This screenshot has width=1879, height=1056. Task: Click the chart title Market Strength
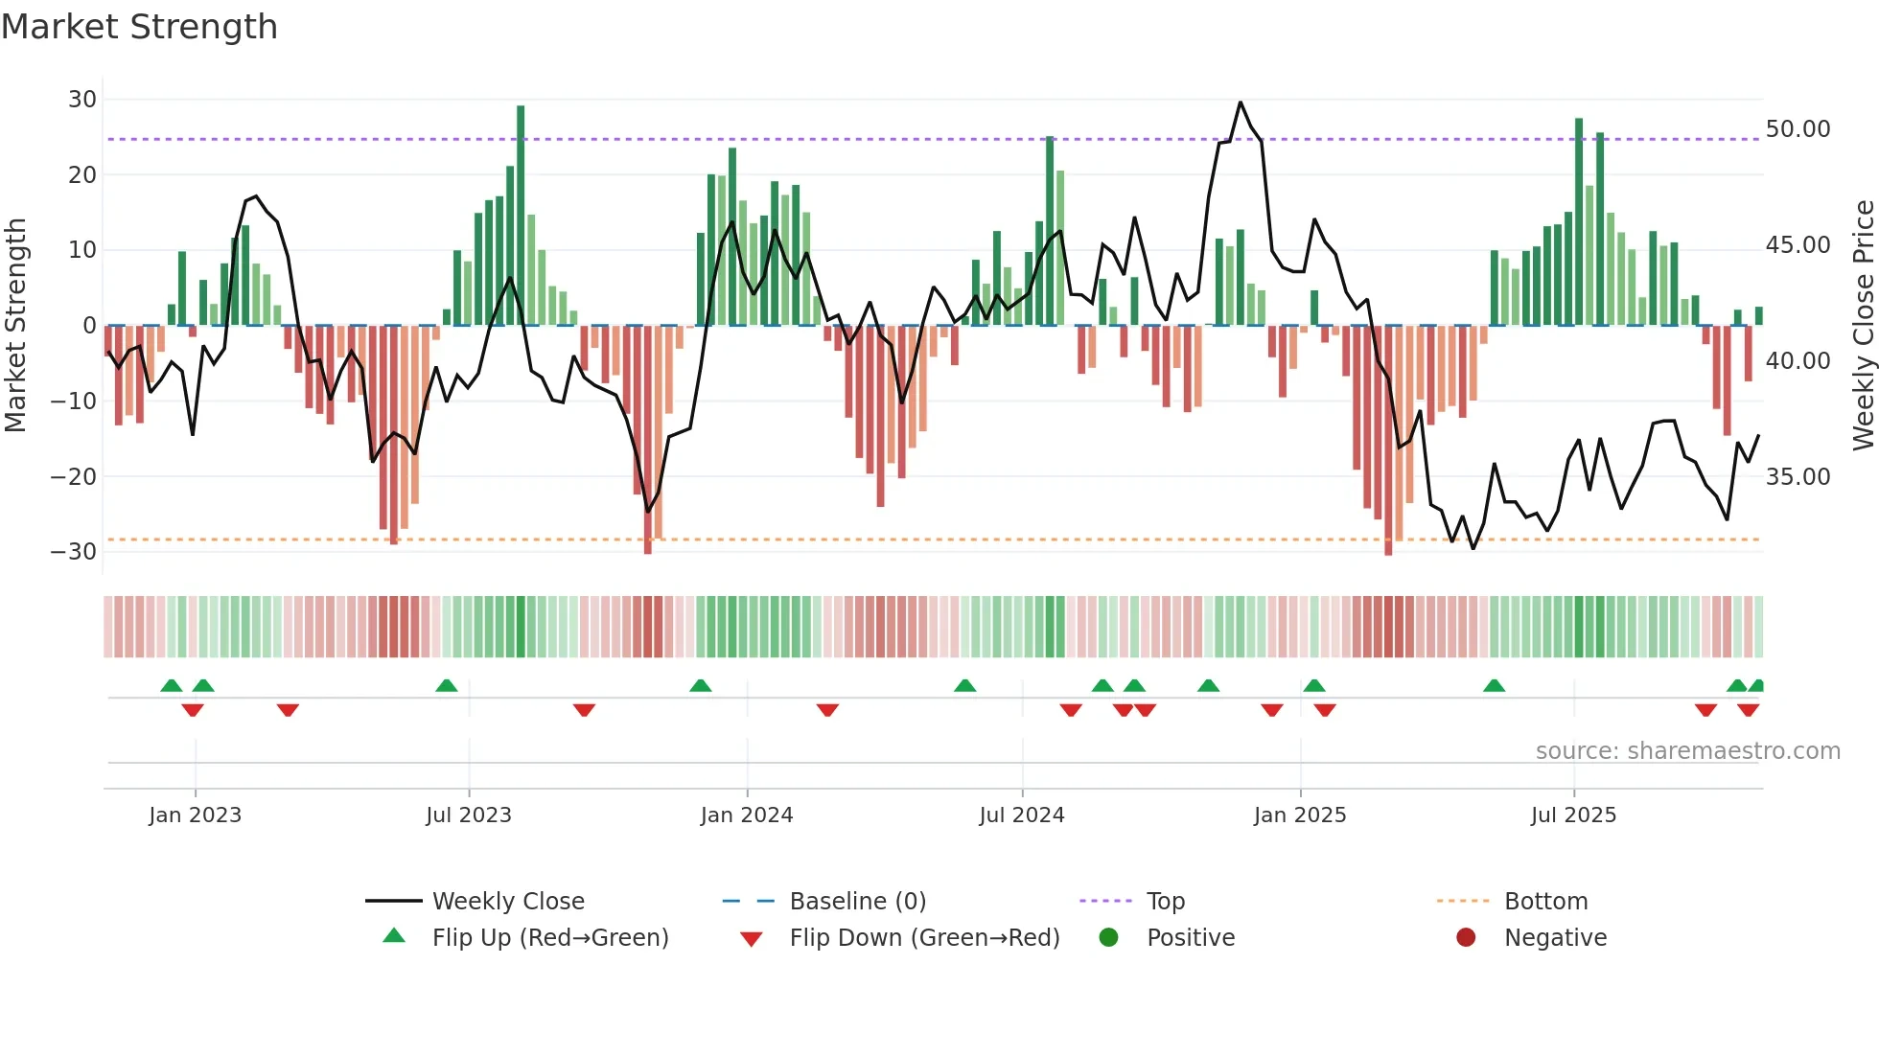pos(139,27)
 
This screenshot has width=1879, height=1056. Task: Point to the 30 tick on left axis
pos(82,100)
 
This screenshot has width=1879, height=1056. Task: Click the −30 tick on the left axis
pos(75,552)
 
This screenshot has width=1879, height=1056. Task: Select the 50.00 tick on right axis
pos(1798,129)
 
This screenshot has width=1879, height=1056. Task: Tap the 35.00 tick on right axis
pos(1798,477)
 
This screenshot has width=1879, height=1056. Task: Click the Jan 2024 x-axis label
pos(747,815)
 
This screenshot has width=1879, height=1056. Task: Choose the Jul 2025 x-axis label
pos(1573,815)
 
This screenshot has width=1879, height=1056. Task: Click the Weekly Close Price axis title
pos(1863,326)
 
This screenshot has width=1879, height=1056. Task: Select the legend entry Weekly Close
pos(508,902)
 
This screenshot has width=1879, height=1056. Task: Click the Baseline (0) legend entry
pos(857,902)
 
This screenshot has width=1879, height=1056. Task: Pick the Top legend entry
pos(1166,902)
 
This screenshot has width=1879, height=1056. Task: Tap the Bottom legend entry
pos(1545,902)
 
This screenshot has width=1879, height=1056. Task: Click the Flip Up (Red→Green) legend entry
pos(550,938)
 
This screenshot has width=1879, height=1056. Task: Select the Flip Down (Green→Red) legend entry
pos(924,938)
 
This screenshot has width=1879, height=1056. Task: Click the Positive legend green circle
pos(1109,938)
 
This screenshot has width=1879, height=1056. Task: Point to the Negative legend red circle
pos(1466,938)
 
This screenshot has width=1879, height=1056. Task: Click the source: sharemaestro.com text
pos(1687,751)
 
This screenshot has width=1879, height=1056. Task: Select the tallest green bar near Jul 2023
pos(521,216)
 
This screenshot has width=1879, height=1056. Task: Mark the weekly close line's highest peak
pos(1241,102)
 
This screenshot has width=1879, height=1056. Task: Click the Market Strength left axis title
pos(16,326)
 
